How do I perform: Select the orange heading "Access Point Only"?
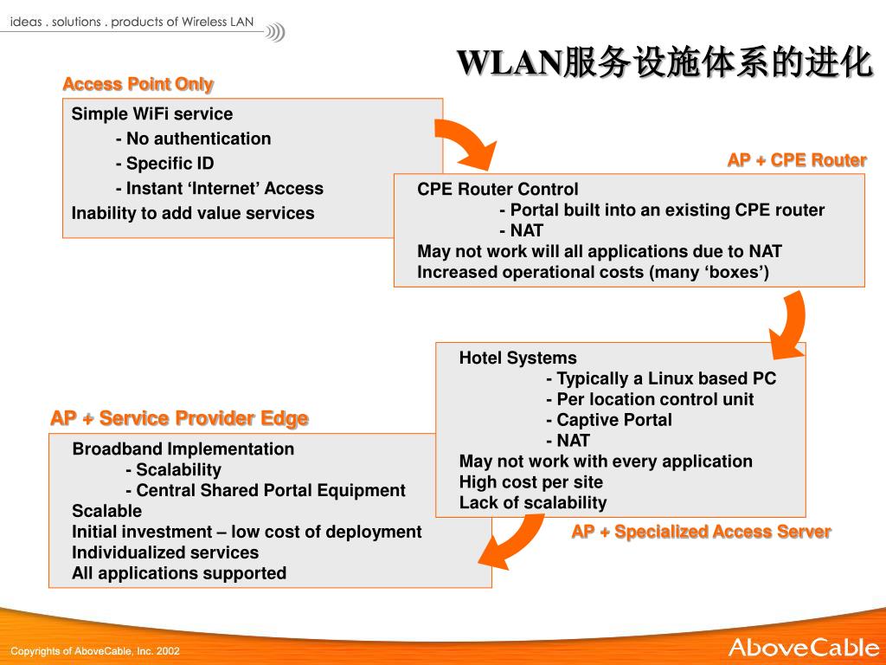pyautogui.click(x=138, y=84)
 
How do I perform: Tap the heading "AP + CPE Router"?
pyautogui.click(x=796, y=160)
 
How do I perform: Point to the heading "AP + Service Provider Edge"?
pyautogui.click(x=179, y=418)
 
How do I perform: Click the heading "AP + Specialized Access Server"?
pyautogui.click(x=701, y=532)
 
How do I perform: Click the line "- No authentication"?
pyautogui.click(x=193, y=139)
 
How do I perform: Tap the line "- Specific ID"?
pyautogui.click(x=164, y=164)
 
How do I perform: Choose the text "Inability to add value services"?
pyautogui.click(x=193, y=213)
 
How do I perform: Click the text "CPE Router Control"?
pyautogui.click(x=498, y=190)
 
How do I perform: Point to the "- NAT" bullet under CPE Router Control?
pyautogui.click(x=521, y=231)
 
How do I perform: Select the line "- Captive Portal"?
pyautogui.click(x=609, y=420)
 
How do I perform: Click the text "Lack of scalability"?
pyautogui.click(x=533, y=503)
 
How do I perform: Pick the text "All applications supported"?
pyautogui.click(x=179, y=573)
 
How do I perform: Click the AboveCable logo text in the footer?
pyautogui.click(x=803, y=648)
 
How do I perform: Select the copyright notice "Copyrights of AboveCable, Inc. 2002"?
pyautogui.click(x=95, y=651)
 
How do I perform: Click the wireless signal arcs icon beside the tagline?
pyautogui.click(x=275, y=33)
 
